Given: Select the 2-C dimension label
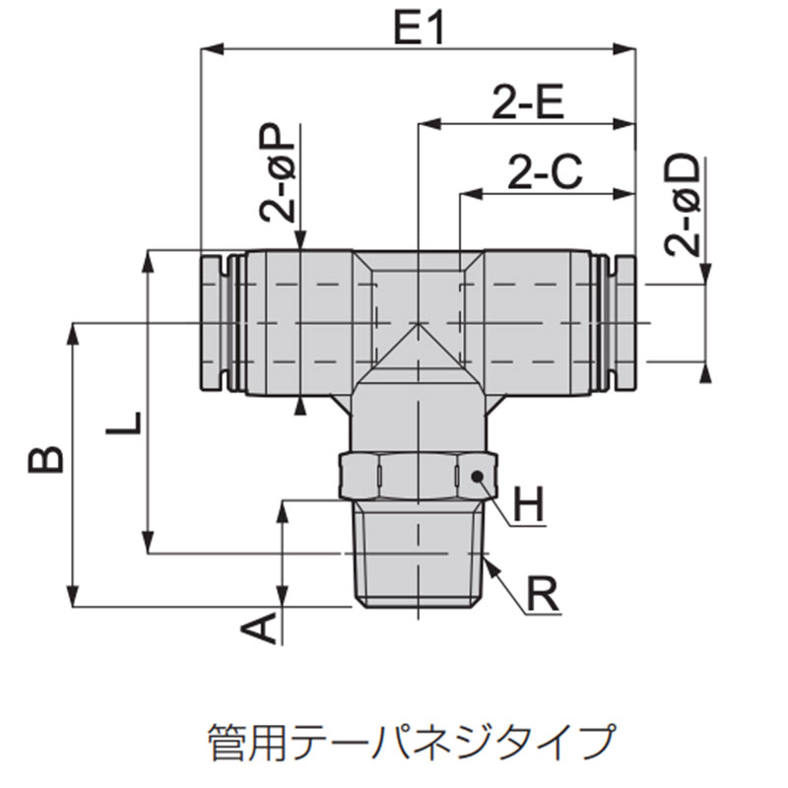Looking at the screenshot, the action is coord(546,171).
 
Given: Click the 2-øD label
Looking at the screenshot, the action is coord(682,206).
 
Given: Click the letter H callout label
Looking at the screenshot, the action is coord(529,505).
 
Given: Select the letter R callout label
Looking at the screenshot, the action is coord(542,595).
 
